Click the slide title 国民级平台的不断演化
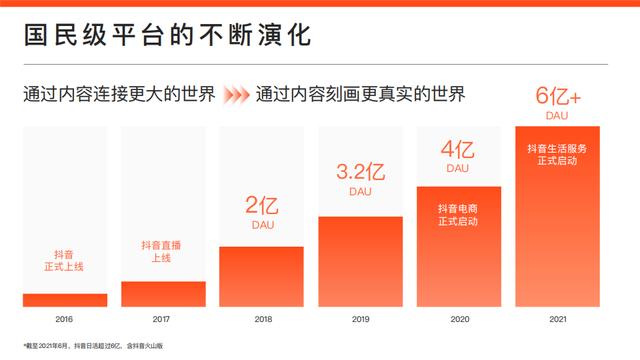pos(167,36)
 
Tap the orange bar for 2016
pos(65,300)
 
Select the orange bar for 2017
pos(163,294)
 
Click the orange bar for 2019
pos(360,262)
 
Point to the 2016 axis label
pos(65,319)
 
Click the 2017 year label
pos(163,319)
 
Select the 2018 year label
pos(261,319)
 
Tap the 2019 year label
pos(360,319)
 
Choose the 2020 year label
pos(458,319)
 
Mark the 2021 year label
pos(557,319)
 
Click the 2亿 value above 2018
pos(261,207)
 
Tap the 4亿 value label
pos(458,150)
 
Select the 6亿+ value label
pos(557,97)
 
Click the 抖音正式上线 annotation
pos(65,262)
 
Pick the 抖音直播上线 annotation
pos(163,252)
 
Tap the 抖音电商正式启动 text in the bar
pos(458,214)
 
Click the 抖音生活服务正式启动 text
pos(557,154)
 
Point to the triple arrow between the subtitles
pos(236,96)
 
